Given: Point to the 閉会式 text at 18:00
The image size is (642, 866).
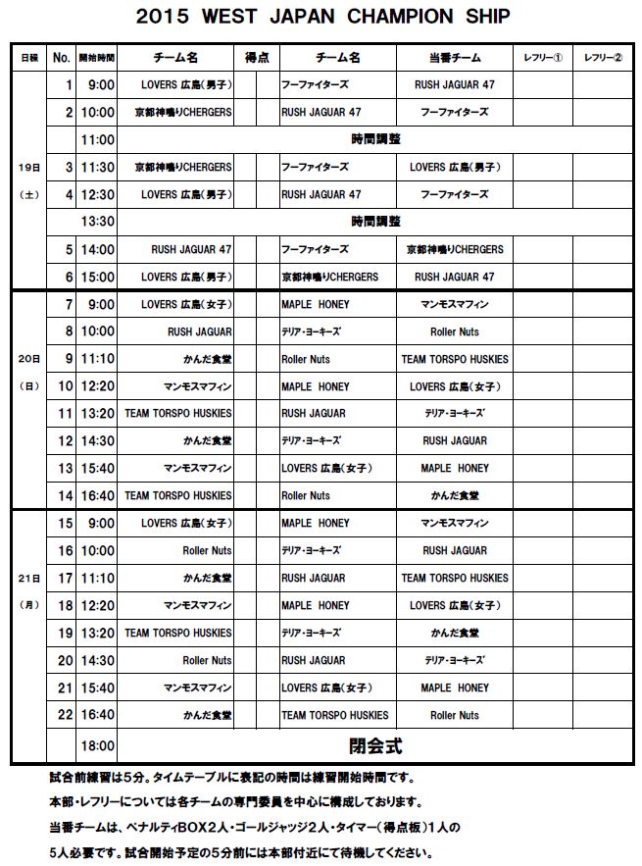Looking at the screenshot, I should (x=375, y=745).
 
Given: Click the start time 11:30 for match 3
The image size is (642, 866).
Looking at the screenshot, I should (x=98, y=168).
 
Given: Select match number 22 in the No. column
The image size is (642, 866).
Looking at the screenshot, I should (x=65, y=715).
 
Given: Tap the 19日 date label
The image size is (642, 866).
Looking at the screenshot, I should (x=27, y=168).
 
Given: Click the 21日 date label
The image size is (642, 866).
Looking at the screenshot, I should (x=27, y=579).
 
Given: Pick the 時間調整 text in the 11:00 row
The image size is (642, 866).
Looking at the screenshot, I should (x=375, y=140).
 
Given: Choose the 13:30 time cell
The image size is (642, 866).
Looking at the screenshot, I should (x=98, y=223).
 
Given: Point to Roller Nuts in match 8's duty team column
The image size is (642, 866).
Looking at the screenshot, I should (x=454, y=331).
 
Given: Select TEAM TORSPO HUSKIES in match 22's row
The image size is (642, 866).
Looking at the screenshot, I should (x=334, y=715).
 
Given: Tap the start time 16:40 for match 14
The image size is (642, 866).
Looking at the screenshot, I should (x=98, y=496).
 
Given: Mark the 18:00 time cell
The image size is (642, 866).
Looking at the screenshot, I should (x=98, y=746).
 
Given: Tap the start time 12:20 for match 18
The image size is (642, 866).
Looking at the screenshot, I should (x=98, y=605).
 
